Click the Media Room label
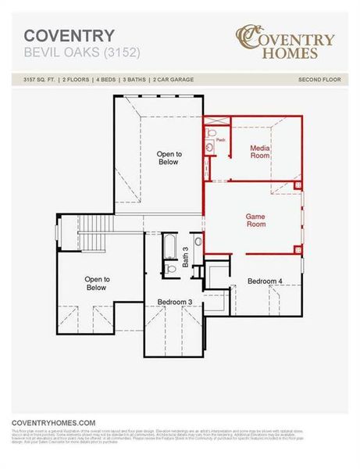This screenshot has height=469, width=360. tap(260, 152)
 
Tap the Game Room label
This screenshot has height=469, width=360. tap(256, 220)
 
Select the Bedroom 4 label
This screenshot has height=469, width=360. tap(265, 281)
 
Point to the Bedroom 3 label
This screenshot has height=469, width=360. tap(175, 302)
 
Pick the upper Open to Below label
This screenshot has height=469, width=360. tap(169, 158)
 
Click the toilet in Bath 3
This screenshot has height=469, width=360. tap(171, 270)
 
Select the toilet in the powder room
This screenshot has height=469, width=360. tap(210, 146)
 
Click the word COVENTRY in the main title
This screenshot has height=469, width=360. tap(69, 35)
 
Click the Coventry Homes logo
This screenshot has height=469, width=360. tap(287, 43)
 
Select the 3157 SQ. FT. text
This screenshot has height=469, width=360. tap(40, 80)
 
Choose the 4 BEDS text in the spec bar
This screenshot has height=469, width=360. tap(108, 80)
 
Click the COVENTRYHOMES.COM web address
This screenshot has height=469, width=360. tap(53, 422)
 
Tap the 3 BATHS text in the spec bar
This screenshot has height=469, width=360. tap(138, 80)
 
